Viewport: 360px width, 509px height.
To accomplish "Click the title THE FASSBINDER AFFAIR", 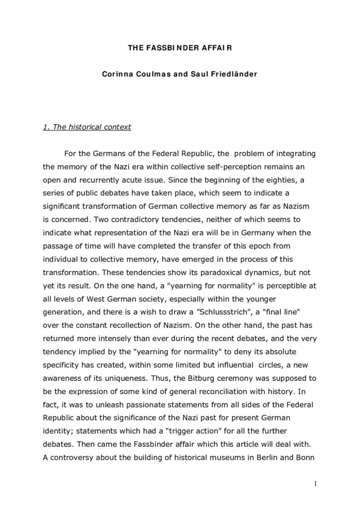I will pos(180,49).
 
